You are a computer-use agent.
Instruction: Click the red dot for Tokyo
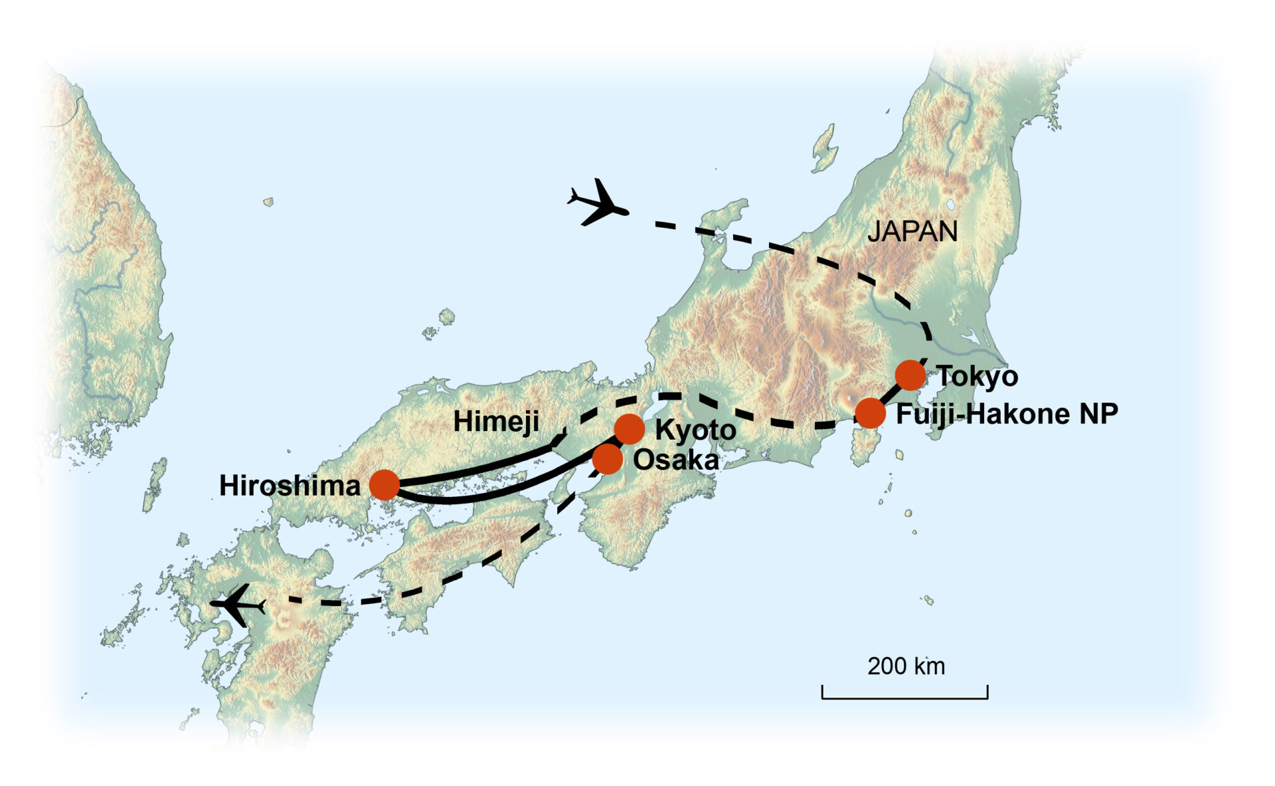click(910, 375)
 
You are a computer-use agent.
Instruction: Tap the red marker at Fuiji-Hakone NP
click(870, 413)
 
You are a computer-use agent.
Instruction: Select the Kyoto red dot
click(629, 429)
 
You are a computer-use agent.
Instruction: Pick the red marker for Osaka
click(607, 459)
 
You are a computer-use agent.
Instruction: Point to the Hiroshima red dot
click(384, 484)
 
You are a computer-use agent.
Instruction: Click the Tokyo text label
click(977, 377)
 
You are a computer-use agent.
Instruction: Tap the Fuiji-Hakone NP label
click(1007, 414)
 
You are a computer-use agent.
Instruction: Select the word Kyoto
click(695, 431)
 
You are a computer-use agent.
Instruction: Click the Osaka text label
click(675, 460)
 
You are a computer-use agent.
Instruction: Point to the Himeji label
click(495, 421)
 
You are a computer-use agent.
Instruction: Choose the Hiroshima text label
click(290, 486)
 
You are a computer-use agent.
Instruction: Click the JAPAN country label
click(912, 231)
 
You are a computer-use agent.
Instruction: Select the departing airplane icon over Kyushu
click(238, 605)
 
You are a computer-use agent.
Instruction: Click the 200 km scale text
click(905, 666)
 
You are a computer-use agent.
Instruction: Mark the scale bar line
click(904, 698)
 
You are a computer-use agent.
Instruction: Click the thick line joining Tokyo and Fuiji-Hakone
click(891, 395)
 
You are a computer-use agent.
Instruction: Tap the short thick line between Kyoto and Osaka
click(618, 444)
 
